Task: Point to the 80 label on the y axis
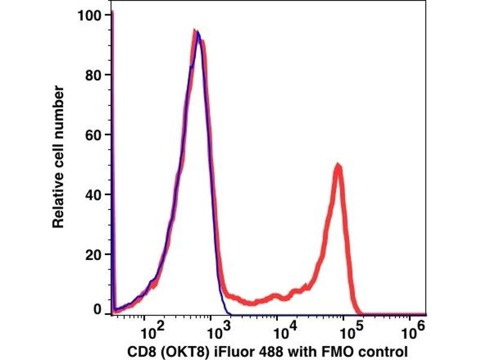[94, 75]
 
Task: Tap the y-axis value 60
[94, 134]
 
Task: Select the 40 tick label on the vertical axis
[94, 194]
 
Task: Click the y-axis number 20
[94, 254]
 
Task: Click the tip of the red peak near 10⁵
[338, 166]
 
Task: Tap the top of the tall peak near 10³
[196, 31]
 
